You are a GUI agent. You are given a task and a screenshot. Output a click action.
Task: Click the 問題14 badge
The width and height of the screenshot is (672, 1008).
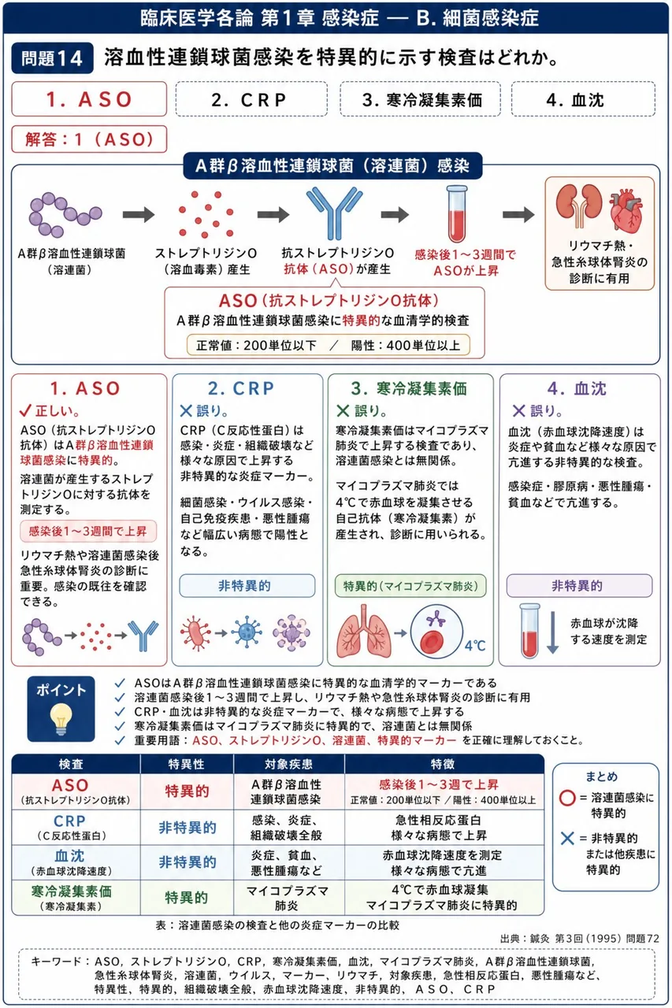(52, 58)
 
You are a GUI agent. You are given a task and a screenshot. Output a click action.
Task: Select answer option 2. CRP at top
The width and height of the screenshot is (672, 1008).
(251, 99)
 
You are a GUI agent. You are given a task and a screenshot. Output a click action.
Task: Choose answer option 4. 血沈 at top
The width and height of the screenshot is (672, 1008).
(583, 99)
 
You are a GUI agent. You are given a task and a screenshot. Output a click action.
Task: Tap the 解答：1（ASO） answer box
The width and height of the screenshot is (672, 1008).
(89, 139)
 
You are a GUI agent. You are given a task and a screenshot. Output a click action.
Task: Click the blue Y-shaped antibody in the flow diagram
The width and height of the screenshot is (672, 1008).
(334, 213)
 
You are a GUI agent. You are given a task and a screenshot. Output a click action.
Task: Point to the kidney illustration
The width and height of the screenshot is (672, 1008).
(579, 206)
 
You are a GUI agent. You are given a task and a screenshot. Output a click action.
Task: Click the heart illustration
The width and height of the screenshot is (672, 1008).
(626, 210)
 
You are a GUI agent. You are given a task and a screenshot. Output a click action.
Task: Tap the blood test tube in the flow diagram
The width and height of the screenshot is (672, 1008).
(457, 214)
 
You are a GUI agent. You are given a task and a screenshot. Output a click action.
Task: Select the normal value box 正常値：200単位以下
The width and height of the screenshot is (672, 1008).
(329, 345)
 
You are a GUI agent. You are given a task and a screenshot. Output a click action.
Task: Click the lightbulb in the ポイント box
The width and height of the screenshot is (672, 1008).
(61, 719)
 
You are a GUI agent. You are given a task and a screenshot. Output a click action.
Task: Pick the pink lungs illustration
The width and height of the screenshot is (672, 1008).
(364, 632)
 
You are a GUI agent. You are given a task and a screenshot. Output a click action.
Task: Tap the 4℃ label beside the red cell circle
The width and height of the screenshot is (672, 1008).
(475, 646)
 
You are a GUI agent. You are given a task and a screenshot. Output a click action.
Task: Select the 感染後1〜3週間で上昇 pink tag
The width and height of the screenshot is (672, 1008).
(88, 532)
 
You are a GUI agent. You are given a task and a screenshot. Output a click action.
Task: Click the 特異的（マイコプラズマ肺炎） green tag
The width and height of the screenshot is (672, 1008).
(410, 585)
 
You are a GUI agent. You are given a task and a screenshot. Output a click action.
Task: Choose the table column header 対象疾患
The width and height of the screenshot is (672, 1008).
(288, 764)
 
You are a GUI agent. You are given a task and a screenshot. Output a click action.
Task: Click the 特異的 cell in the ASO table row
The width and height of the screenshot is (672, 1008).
(187, 791)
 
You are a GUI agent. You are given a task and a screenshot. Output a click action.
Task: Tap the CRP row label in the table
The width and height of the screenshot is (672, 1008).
(71, 827)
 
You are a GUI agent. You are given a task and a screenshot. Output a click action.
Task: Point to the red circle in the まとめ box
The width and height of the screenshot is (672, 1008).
(567, 798)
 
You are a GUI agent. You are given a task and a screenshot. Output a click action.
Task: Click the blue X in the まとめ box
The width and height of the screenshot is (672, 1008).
(567, 838)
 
